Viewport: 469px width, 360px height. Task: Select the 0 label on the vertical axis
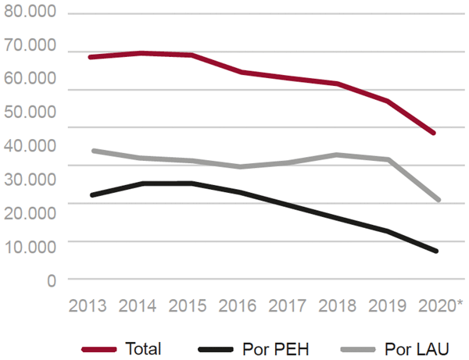[x=51, y=279]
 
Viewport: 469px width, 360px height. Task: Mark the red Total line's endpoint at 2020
[x=434, y=133]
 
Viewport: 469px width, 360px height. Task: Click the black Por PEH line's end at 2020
[x=434, y=251]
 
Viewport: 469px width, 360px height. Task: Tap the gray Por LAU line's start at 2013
[x=92, y=151]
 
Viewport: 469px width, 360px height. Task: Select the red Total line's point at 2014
[x=141, y=53]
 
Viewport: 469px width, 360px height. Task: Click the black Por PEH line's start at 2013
[x=92, y=194]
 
